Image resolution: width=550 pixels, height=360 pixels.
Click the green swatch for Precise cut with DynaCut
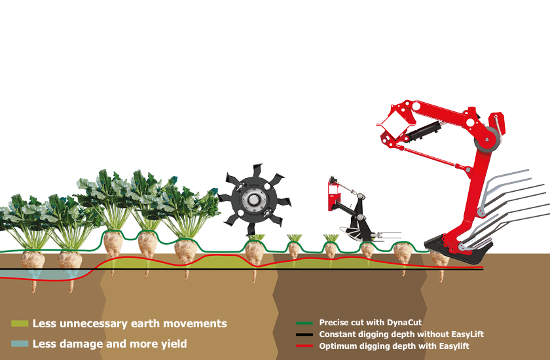[304, 323]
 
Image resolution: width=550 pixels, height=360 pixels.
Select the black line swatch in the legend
[304, 334]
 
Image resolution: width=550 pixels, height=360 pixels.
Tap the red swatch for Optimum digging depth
[304, 346]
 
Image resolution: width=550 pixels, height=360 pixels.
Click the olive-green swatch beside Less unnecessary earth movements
[20, 323]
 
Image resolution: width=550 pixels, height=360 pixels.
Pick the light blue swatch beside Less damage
[20, 344]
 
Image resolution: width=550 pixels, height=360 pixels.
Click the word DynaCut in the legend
[404, 323]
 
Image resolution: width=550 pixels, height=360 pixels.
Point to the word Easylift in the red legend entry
[453, 346]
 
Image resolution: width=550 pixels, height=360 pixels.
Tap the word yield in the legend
[174, 344]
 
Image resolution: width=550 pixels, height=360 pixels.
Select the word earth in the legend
[144, 323]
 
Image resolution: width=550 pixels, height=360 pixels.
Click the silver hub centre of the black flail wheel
[253, 200]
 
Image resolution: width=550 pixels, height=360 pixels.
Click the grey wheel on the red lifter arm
[486, 139]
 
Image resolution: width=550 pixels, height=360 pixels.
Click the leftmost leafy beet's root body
[33, 269]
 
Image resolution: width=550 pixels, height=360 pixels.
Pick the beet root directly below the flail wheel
[254, 257]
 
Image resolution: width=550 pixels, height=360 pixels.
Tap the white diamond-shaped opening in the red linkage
[395, 124]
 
